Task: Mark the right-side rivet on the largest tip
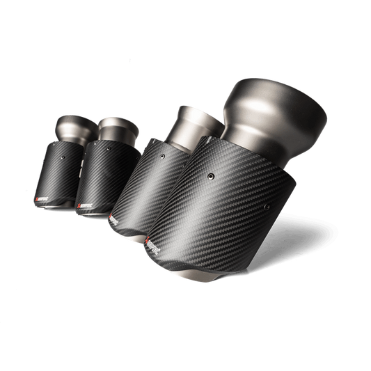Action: pos(266,207)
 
